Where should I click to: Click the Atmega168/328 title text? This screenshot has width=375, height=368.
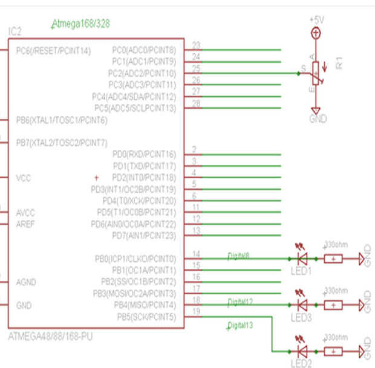(80, 24)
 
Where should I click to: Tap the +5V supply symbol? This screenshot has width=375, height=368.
(315, 34)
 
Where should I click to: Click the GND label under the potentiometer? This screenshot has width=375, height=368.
(318, 119)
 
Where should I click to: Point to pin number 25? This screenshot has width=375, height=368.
(196, 68)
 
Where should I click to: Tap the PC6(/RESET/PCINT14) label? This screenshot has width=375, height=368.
(53, 50)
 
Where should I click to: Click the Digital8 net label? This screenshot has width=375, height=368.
(238, 256)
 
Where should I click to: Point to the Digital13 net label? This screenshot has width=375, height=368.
(240, 326)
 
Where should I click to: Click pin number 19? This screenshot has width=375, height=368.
(196, 312)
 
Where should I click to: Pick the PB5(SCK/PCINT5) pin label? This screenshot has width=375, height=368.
(146, 317)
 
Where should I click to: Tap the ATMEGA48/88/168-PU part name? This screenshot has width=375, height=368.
(51, 336)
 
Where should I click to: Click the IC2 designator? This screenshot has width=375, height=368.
(15, 31)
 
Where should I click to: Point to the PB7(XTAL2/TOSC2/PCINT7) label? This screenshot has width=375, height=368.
(62, 143)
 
